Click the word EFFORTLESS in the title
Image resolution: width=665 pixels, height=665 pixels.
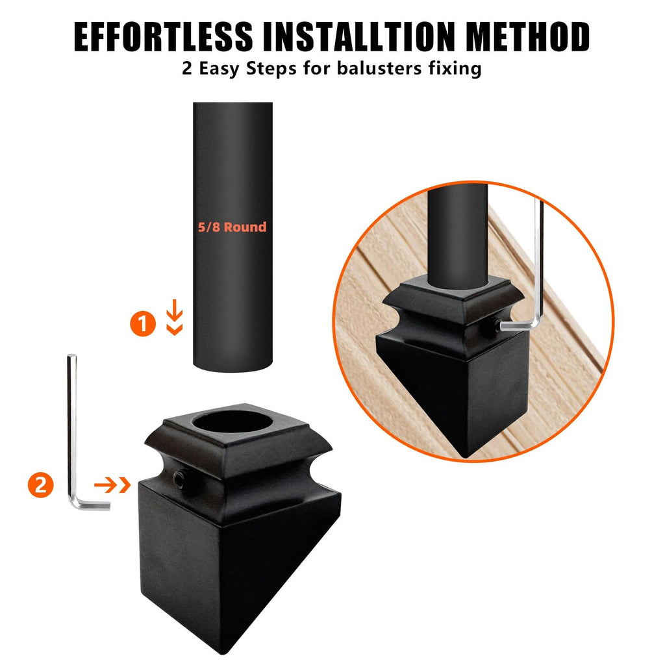pyautogui.click(x=163, y=37)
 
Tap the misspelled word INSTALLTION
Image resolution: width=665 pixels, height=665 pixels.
pyautogui.click(x=359, y=37)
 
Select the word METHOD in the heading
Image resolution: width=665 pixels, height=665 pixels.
pyautogui.click(x=527, y=37)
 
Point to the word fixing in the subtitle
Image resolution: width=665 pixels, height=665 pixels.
pyautogui.click(x=455, y=69)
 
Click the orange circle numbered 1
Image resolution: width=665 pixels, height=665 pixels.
pyautogui.click(x=143, y=323)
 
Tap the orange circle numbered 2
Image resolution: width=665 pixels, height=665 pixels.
pyautogui.click(x=41, y=484)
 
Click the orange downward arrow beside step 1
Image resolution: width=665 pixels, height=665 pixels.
pyautogui.click(x=174, y=317)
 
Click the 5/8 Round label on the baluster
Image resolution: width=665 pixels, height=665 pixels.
pyautogui.click(x=232, y=227)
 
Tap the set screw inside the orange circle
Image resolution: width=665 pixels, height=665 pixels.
pyautogui.click(x=497, y=325)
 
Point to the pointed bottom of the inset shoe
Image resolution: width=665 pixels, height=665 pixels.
pyautogui.click(x=466, y=456)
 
